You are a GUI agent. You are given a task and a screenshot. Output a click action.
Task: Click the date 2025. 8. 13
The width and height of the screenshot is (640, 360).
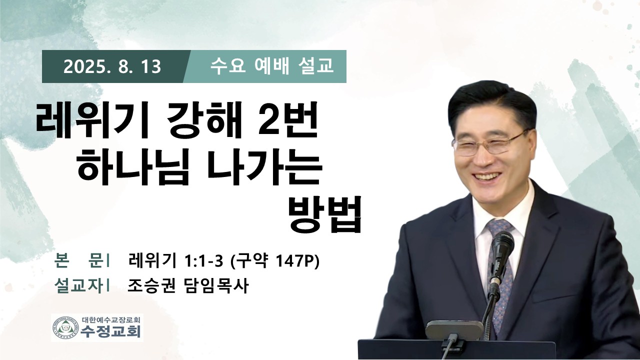click(x=112, y=67)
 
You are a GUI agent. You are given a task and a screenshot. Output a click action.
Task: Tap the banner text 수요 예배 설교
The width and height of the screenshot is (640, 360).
click(x=271, y=66)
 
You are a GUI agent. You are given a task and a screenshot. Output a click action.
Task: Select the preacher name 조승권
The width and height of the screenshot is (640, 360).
click(x=151, y=285)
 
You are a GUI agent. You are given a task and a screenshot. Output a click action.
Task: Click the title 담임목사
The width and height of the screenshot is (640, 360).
click(x=215, y=285)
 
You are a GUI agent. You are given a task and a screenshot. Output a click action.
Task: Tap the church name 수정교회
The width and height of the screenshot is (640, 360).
click(x=110, y=331)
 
